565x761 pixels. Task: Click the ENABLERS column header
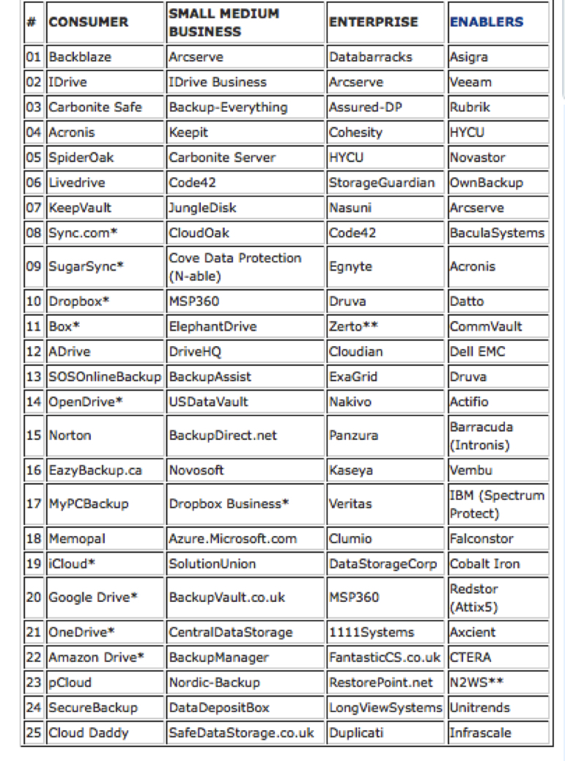pos(487,22)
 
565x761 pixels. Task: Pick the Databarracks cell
pos(370,57)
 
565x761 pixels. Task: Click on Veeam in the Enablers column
pos(470,82)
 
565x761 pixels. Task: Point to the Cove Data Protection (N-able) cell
pos(235,267)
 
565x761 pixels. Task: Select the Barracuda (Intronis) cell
pos(481,435)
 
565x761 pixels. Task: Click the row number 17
pos(34,504)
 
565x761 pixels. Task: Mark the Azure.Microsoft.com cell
pos(232,539)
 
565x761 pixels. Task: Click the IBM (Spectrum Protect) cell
pos(496,504)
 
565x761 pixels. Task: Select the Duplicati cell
pos(356,733)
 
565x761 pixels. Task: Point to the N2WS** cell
pos(476,683)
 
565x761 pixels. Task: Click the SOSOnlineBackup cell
pos(104,377)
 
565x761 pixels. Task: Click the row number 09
pos(34,267)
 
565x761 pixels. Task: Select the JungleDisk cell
pos(202,207)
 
